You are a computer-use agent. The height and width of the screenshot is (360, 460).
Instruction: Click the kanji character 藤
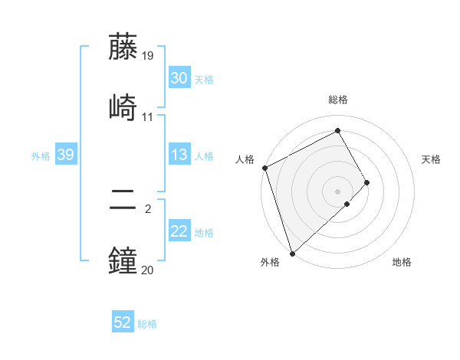[124, 47]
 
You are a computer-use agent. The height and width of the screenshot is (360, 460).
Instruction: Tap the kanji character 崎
[124, 106]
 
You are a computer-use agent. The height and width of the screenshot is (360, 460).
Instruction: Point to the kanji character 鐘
[124, 260]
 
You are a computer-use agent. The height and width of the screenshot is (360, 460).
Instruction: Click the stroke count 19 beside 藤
[148, 56]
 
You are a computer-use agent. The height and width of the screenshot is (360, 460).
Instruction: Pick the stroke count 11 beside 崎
[148, 116]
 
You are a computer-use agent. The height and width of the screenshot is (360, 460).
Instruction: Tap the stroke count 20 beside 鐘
[148, 270]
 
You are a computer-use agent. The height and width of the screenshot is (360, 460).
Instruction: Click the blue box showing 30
[179, 78]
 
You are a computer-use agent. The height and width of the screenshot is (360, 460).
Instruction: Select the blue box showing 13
[179, 155]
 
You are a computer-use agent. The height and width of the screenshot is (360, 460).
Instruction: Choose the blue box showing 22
[179, 231]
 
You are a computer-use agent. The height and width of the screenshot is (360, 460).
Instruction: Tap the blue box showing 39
[65, 155]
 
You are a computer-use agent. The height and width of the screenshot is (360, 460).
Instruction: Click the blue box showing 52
[123, 322]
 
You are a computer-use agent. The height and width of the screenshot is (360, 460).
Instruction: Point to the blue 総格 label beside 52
[147, 324]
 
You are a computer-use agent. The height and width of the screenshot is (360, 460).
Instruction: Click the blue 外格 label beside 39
[41, 155]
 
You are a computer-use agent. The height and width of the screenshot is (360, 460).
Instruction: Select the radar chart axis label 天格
[432, 159]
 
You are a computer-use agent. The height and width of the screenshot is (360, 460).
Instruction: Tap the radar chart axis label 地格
[402, 262]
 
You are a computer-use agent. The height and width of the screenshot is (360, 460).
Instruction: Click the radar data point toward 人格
[264, 168]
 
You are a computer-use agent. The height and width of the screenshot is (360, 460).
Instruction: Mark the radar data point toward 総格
[338, 130]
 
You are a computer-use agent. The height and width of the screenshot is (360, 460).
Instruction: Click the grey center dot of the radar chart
[338, 191]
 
